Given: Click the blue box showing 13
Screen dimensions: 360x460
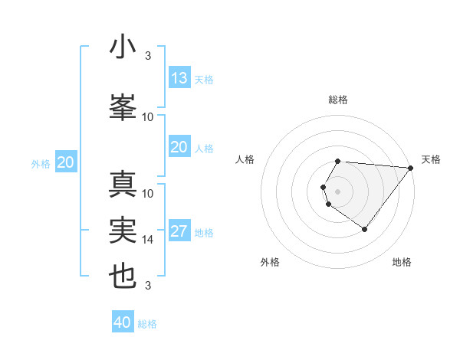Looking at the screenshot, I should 179,78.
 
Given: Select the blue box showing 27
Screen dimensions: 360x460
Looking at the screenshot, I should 179,232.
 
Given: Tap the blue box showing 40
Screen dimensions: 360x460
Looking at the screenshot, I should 123,322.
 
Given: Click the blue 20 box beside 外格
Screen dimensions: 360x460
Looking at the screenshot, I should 66,162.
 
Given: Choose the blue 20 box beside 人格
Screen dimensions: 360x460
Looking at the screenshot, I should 179,148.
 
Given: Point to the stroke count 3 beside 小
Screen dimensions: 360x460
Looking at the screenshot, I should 148,56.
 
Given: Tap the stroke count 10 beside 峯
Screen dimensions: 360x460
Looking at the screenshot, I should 148,117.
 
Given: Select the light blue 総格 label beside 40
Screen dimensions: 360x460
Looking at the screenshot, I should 147,324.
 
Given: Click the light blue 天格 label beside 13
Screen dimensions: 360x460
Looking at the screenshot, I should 204,80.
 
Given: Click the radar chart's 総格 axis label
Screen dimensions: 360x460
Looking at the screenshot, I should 338,100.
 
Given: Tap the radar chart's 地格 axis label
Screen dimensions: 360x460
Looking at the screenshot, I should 402,262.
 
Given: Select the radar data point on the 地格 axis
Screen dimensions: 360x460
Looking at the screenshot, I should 364,229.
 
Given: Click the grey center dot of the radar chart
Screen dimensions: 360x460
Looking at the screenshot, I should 338,190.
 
